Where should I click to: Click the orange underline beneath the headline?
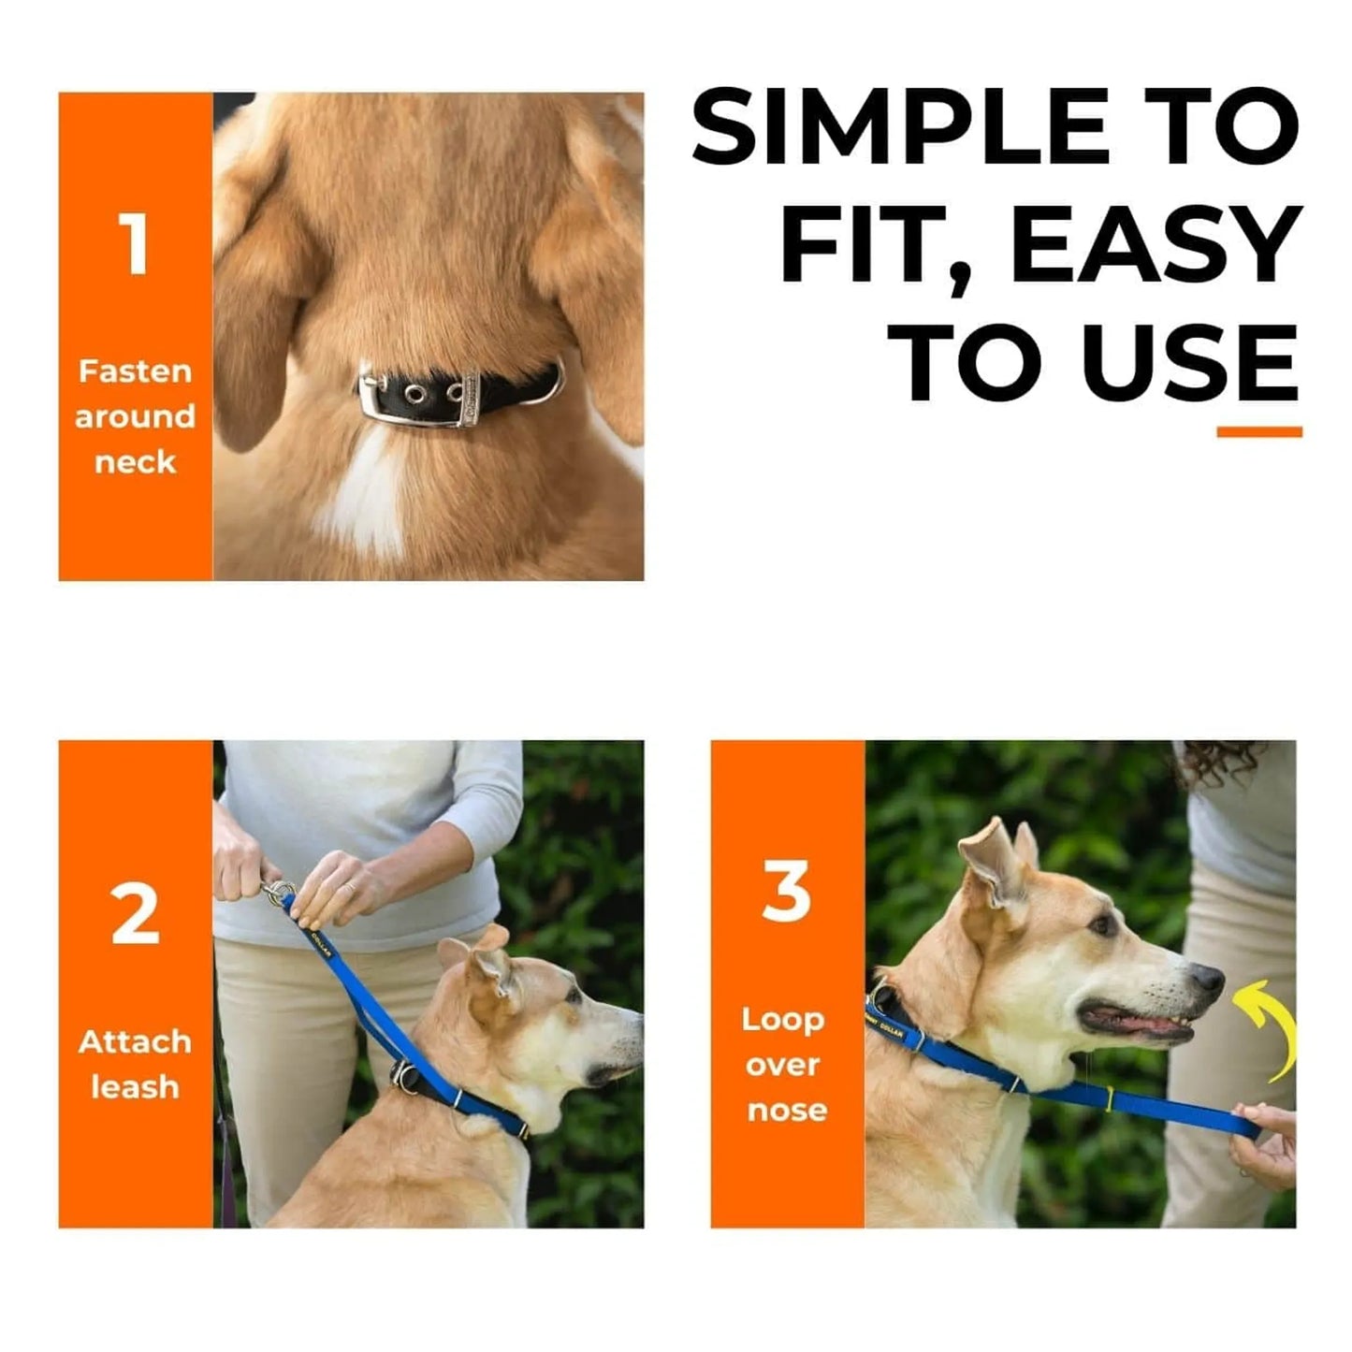tap(1258, 431)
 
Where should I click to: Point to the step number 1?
tap(135, 244)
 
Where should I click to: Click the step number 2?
tap(135, 914)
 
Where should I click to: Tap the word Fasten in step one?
tap(135, 371)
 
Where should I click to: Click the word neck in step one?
tap(135, 462)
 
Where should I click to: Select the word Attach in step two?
tap(135, 1041)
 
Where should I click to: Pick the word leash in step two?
tap(135, 1087)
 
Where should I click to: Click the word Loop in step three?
tap(783, 1019)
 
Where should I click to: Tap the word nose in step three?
tap(786, 1111)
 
